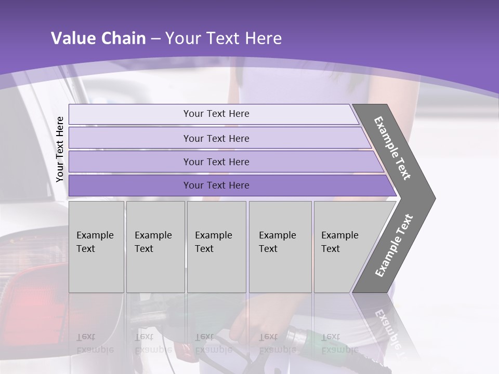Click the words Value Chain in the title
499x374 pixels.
(x=98, y=38)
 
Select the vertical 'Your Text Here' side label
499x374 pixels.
(x=60, y=149)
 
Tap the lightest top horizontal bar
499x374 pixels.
(x=216, y=114)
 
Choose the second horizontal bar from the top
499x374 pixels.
(x=216, y=138)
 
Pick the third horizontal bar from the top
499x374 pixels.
(x=216, y=162)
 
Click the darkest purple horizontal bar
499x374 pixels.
(x=216, y=185)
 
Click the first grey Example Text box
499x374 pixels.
(x=96, y=247)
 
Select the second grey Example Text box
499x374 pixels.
(x=155, y=247)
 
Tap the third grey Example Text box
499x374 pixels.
(x=216, y=247)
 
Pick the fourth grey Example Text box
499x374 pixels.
(x=280, y=247)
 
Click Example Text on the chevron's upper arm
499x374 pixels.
(x=393, y=149)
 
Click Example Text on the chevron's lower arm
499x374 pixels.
(x=394, y=245)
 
